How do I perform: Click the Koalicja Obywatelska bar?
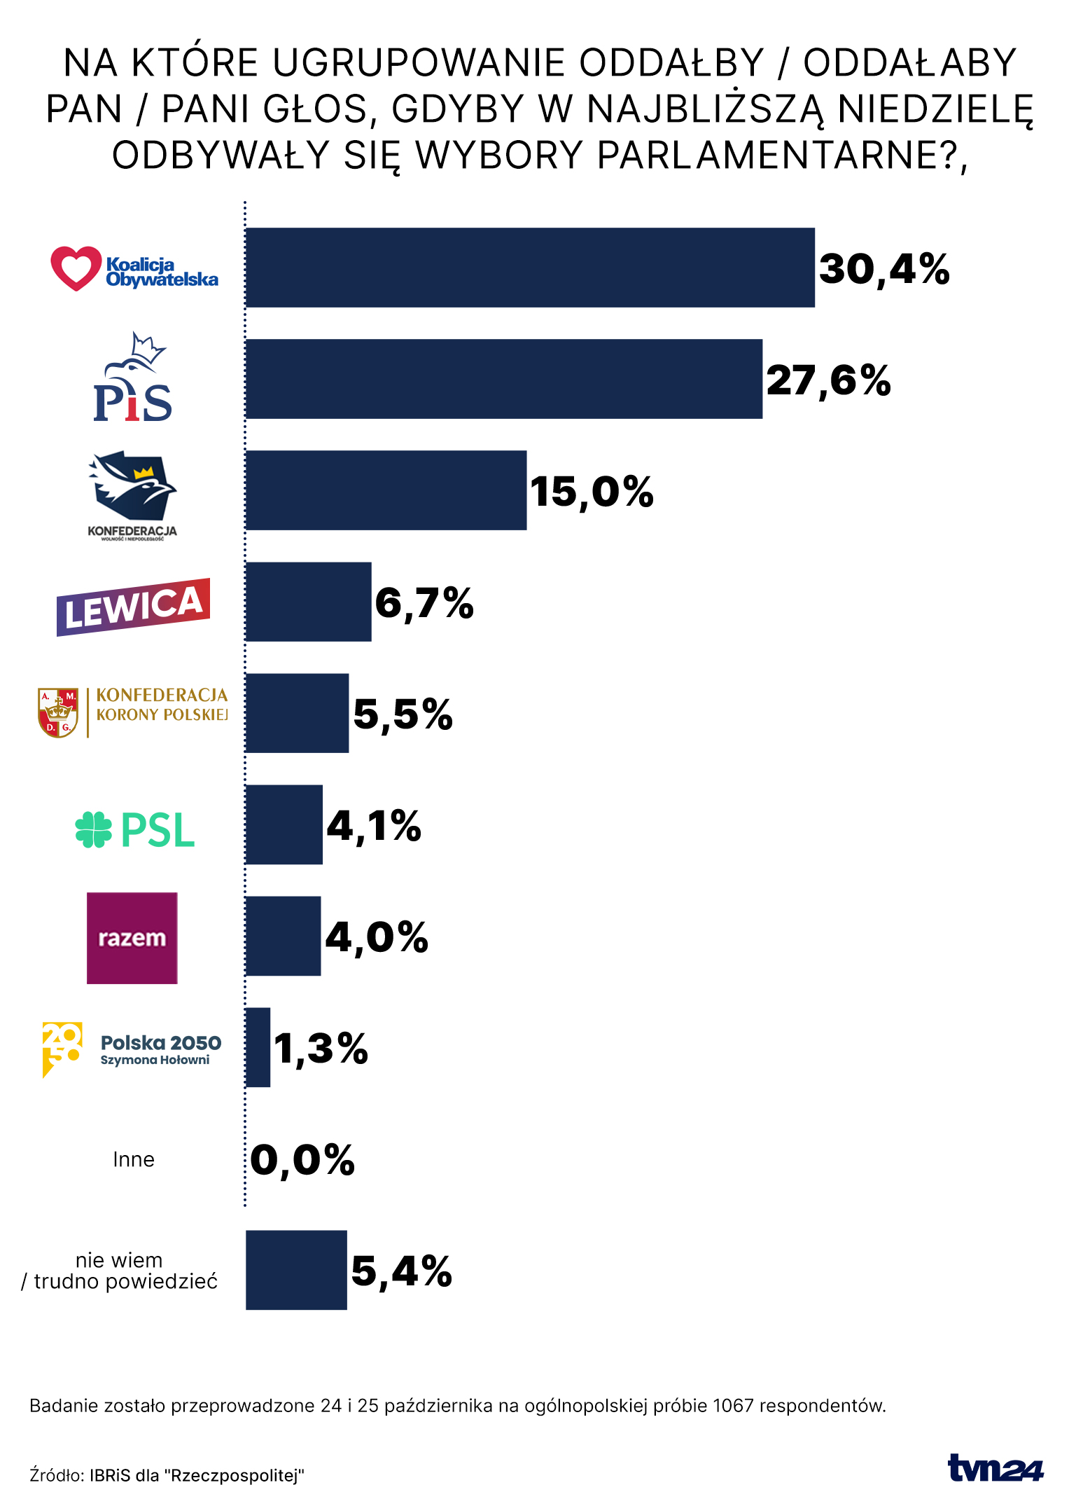coord(530,268)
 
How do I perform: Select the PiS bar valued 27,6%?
coord(503,379)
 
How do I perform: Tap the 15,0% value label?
coord(592,491)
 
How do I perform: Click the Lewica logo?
coord(133,606)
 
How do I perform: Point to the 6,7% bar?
coord(308,602)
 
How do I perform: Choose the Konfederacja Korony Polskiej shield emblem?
coord(58,712)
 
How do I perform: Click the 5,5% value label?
coord(403,714)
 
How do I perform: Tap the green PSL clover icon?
coord(94,829)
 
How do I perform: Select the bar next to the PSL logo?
coord(284,824)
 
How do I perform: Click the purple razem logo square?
coord(132,938)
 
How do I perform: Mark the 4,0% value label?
coord(377,937)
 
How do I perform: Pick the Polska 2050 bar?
coord(258,1047)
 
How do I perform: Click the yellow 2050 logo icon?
coord(62,1049)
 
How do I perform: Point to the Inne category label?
coord(134,1159)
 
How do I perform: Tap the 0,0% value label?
coord(302,1160)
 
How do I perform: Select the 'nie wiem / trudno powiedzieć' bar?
coord(296,1270)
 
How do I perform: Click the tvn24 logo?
coord(995,1467)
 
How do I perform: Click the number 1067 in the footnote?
coord(733,1405)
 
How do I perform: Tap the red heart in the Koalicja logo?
coord(76,268)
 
